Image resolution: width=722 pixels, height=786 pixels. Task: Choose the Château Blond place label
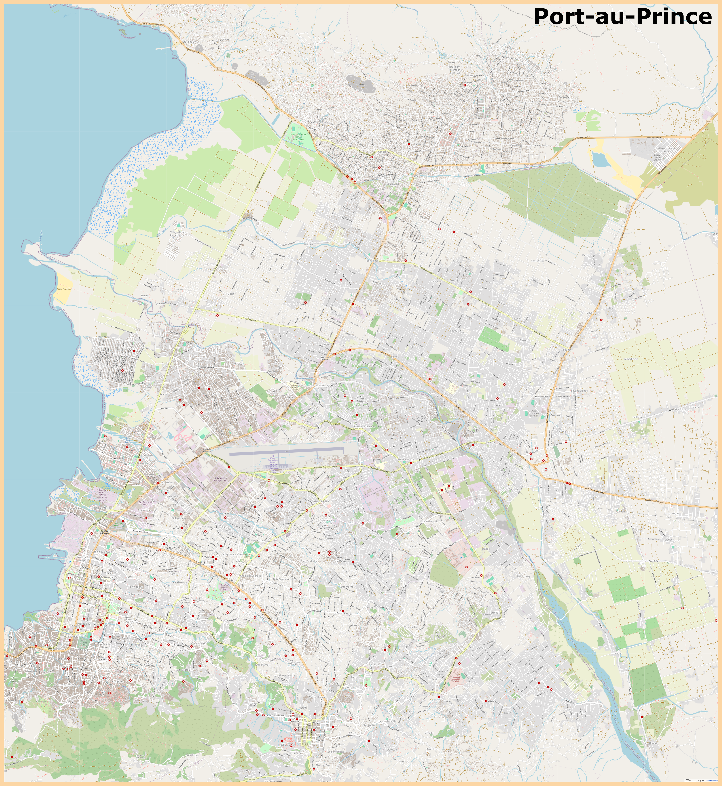pyautogui.click(x=429, y=521)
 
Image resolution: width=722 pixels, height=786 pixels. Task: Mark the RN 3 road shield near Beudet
pyautogui.click(x=563, y=359)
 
